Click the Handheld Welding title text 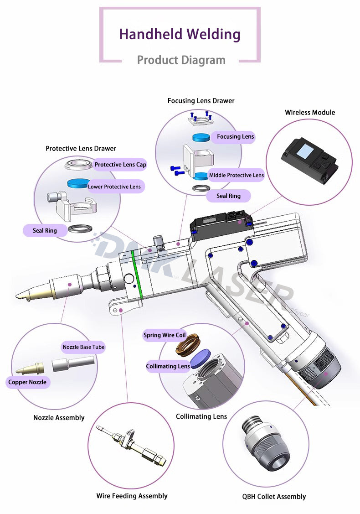click(x=180, y=34)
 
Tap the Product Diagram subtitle click(x=181, y=60)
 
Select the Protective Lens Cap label click(x=120, y=165)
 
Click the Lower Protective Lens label click(x=114, y=187)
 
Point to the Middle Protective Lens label click(x=236, y=175)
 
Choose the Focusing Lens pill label click(x=235, y=136)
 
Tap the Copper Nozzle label click(x=27, y=382)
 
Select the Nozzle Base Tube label click(x=83, y=347)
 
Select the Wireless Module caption click(x=310, y=112)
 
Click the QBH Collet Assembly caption click(x=273, y=497)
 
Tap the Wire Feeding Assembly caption click(x=132, y=496)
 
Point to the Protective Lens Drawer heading click(x=81, y=148)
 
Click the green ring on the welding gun click(x=136, y=276)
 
